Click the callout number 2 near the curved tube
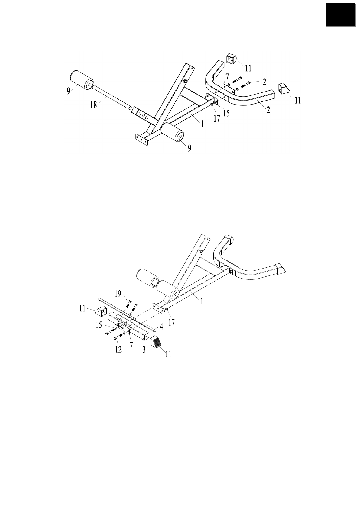coord(268,110)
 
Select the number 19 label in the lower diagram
coord(118,293)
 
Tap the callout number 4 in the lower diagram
coord(161,327)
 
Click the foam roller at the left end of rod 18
coord(82,80)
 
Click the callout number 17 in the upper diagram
coord(216,118)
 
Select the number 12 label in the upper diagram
coord(263,82)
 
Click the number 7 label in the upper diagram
coord(227,77)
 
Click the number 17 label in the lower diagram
coord(171,322)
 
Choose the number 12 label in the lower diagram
coord(118,349)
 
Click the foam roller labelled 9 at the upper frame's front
coord(173,134)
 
